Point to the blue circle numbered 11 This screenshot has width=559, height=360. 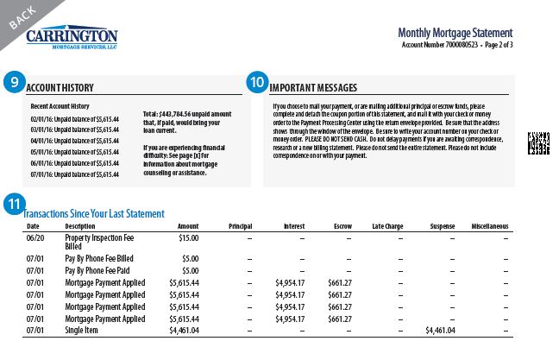tap(13, 205)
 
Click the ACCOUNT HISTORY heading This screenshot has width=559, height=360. tap(60, 87)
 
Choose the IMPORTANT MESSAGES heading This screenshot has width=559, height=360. tap(313, 87)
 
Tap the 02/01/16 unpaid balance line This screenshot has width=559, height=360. tap(73, 118)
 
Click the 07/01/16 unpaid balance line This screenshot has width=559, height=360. tap(73, 174)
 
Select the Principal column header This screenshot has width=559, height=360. tap(239, 226)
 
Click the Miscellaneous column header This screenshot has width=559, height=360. tap(489, 226)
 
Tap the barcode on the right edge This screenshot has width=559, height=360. tap(538, 144)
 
